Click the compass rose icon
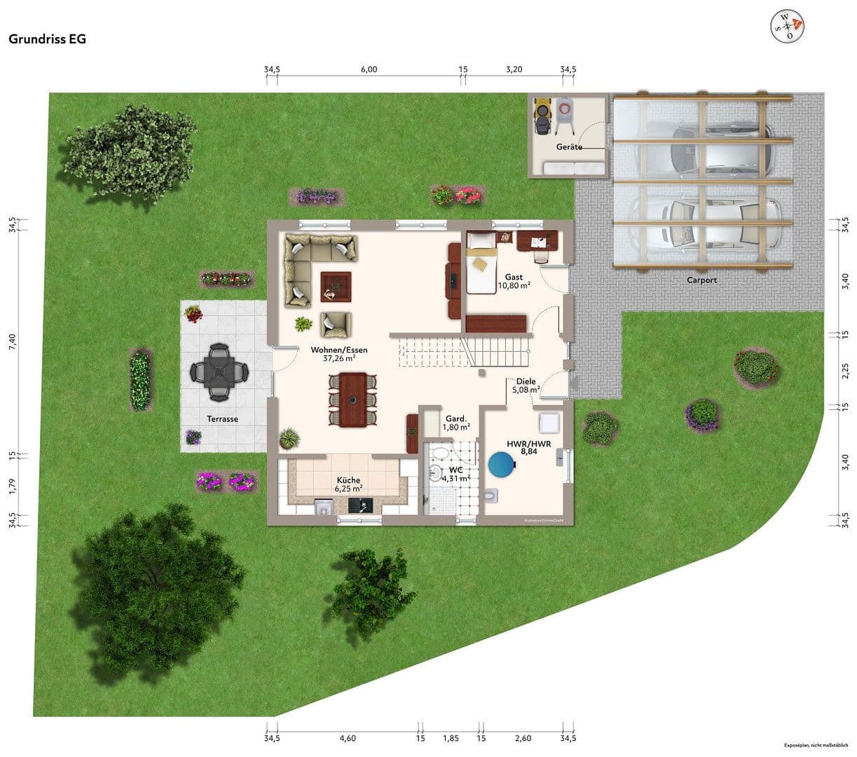tap(787, 26)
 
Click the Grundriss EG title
tap(47, 39)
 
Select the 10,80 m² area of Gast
tap(514, 286)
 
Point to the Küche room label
tap(348, 480)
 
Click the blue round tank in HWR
tap(500, 464)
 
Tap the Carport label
tap(701, 280)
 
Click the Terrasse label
tap(222, 418)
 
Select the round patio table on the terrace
tap(219, 371)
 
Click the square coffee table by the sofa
tap(336, 287)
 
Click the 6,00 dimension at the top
tap(369, 69)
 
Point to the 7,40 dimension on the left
tap(12, 342)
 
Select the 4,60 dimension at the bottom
tap(348, 738)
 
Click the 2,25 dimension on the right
tap(845, 369)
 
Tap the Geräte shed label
tap(569, 147)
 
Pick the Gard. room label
tap(456, 418)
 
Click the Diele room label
tap(526, 381)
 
